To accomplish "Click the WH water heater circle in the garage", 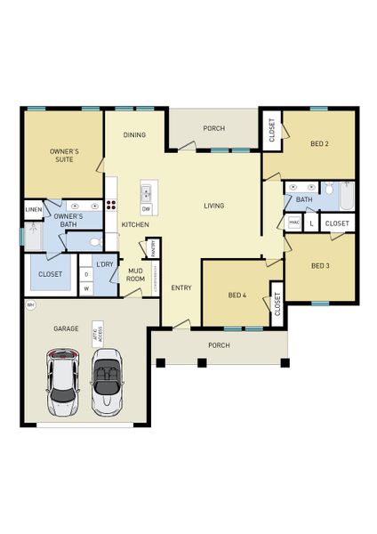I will (30, 305).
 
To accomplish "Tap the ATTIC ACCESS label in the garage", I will (100, 331).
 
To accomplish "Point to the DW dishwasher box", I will (146, 208).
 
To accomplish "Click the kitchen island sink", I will (146, 192).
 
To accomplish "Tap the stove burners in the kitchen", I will (112, 204).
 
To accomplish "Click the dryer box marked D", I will (87, 274).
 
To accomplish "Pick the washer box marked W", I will (87, 287).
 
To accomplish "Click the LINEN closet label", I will (33, 210).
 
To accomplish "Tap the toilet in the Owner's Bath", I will (95, 240).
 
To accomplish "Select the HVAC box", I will (294, 222).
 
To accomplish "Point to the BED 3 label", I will (320, 265).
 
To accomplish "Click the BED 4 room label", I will (237, 295).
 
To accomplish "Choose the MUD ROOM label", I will (136, 274).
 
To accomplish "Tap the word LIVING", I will (213, 206).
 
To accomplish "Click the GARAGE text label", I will (66, 328).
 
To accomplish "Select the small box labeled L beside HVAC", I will (311, 222).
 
